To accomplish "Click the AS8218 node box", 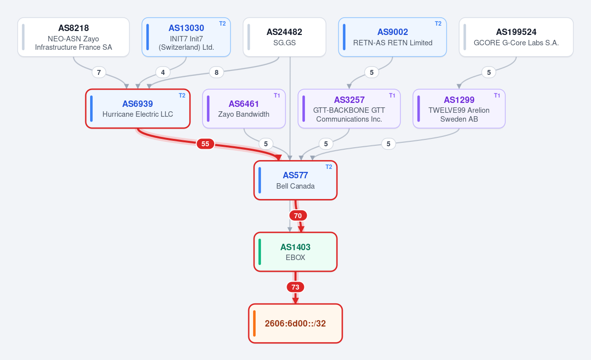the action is click(73, 37).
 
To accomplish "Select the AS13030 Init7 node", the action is click(186, 37).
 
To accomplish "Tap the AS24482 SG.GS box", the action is click(285, 37).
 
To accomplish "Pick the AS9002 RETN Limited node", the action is click(393, 37).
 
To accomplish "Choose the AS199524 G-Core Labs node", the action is click(516, 37).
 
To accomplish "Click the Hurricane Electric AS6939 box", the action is click(138, 109).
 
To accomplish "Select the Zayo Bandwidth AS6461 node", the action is click(244, 109).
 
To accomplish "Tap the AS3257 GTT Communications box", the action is click(349, 109).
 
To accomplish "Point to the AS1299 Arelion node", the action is click(459, 109).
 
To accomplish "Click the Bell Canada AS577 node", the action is click(295, 180).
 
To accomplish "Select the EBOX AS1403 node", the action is click(295, 252).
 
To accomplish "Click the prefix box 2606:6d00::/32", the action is click(295, 324).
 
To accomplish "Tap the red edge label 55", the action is click(205, 144).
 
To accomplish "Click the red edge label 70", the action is click(298, 216).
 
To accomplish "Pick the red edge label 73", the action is click(295, 287).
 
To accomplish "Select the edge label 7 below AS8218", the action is click(98, 72).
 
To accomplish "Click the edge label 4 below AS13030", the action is click(163, 72).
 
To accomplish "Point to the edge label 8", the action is click(216, 72).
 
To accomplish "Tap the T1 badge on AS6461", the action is click(277, 96).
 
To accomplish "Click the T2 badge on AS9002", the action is click(438, 24).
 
